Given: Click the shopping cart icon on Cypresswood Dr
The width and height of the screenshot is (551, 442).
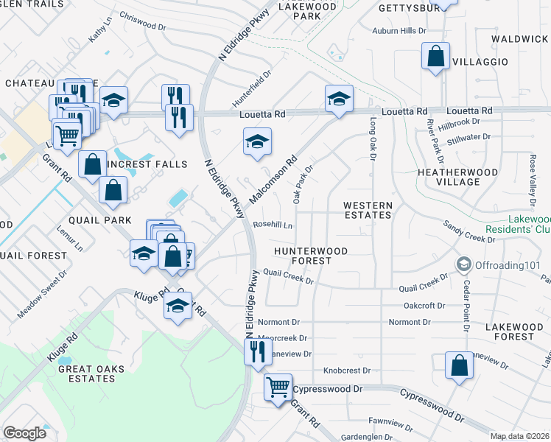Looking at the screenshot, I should click(x=278, y=386).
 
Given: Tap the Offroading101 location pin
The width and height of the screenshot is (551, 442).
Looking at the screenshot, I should click(x=464, y=263).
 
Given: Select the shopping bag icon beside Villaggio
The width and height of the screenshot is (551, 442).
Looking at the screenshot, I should click(x=435, y=57).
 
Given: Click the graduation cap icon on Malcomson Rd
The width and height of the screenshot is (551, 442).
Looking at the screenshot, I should click(x=257, y=142).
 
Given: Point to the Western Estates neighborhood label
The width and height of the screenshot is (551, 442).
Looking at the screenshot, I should click(x=368, y=210).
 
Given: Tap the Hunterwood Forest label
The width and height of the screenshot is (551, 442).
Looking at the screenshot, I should click(x=310, y=256).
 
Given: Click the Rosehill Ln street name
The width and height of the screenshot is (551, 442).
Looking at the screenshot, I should click(x=273, y=225).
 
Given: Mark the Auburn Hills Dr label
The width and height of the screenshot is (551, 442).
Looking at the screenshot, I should click(x=399, y=31).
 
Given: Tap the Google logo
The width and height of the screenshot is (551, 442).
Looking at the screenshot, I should click(x=24, y=432).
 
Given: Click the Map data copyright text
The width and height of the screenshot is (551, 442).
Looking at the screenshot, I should click(x=519, y=436).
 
